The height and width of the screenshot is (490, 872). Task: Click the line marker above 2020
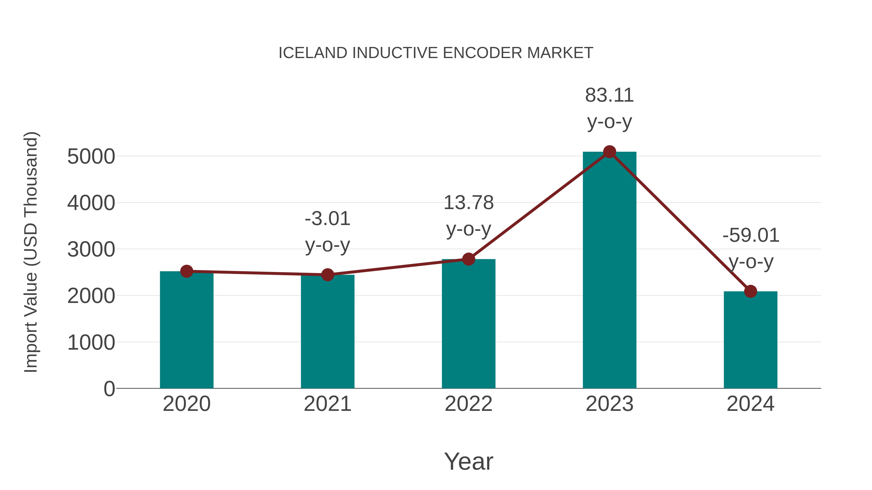[187, 271]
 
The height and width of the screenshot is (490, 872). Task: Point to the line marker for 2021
[327, 275]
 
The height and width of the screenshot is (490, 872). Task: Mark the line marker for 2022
[468, 259]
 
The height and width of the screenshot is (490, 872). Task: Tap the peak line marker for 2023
[609, 152]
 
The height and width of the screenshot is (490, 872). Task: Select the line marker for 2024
[750, 291]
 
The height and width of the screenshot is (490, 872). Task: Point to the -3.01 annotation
[327, 219]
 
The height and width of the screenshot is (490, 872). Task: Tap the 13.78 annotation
[468, 203]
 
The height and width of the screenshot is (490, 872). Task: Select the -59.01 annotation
[750, 235]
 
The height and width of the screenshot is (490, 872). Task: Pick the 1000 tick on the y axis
[91, 343]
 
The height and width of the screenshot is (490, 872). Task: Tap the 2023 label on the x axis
[609, 404]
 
